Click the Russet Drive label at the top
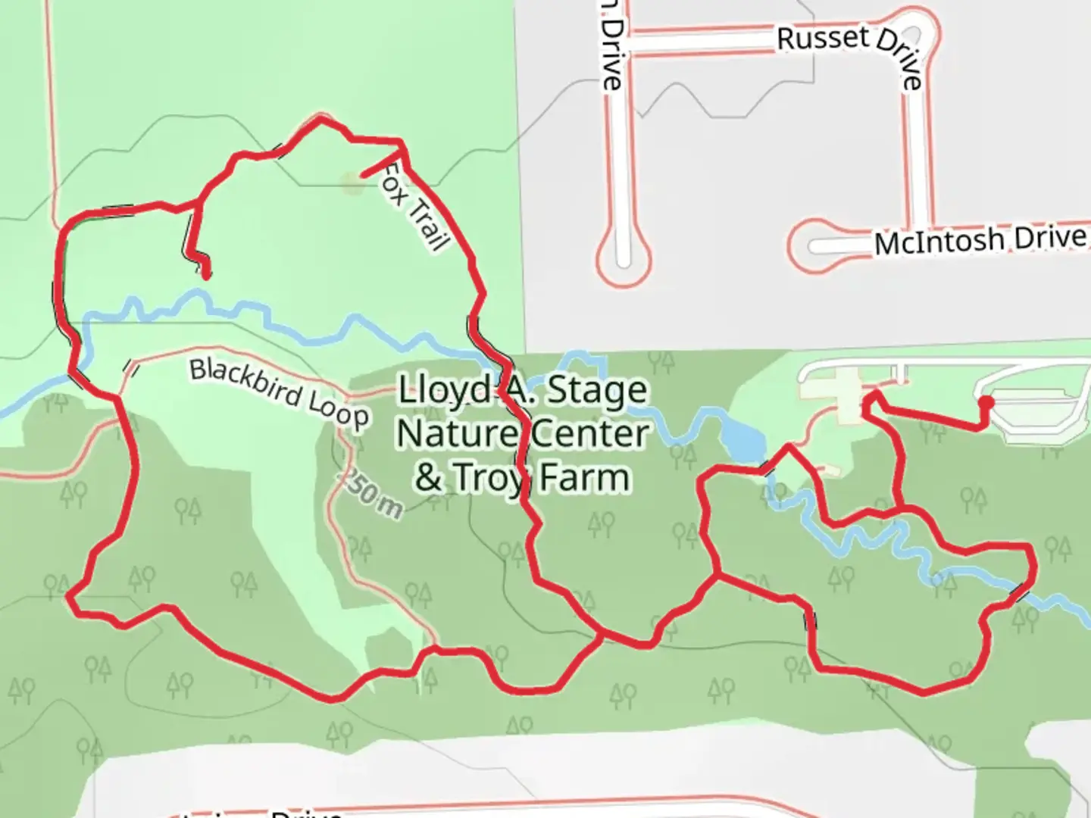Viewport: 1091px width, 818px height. coord(849,47)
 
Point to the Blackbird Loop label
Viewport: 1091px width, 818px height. coord(279,392)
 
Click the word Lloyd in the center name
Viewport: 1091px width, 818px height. coord(445,391)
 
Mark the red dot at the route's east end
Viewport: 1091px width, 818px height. coord(986,401)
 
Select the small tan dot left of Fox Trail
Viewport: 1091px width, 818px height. coord(350,183)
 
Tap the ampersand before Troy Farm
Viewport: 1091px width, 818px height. coord(428,478)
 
